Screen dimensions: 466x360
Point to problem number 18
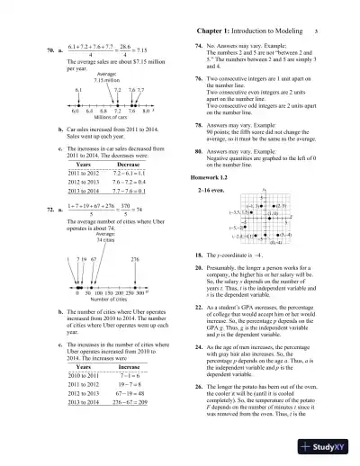[x=199, y=281]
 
